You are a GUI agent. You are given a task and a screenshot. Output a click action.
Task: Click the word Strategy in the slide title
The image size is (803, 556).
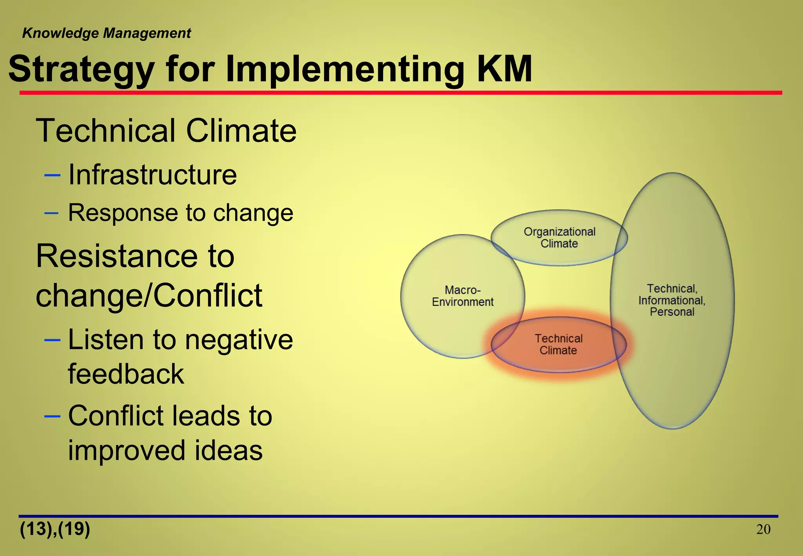click(81, 70)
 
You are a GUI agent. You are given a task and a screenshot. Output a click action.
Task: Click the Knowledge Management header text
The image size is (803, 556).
click(106, 33)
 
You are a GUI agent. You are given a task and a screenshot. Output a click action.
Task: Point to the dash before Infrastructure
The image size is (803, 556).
click(52, 175)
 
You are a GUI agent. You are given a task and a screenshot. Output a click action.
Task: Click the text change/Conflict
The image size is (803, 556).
click(149, 296)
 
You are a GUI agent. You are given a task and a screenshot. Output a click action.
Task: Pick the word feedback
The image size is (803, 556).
click(126, 374)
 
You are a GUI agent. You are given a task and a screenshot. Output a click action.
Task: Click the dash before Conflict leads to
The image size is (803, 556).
click(52, 416)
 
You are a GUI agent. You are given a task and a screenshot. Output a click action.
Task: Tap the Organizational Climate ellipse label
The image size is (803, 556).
click(559, 238)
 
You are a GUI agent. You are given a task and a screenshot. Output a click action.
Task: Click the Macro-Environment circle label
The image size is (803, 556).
click(463, 296)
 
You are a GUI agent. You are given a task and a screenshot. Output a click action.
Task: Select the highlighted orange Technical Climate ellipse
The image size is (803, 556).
click(559, 344)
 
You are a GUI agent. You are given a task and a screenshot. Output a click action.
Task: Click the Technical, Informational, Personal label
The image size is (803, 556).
click(672, 300)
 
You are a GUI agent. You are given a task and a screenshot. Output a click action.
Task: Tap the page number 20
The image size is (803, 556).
click(763, 530)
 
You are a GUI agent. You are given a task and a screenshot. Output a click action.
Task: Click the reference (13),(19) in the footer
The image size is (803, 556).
click(55, 529)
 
